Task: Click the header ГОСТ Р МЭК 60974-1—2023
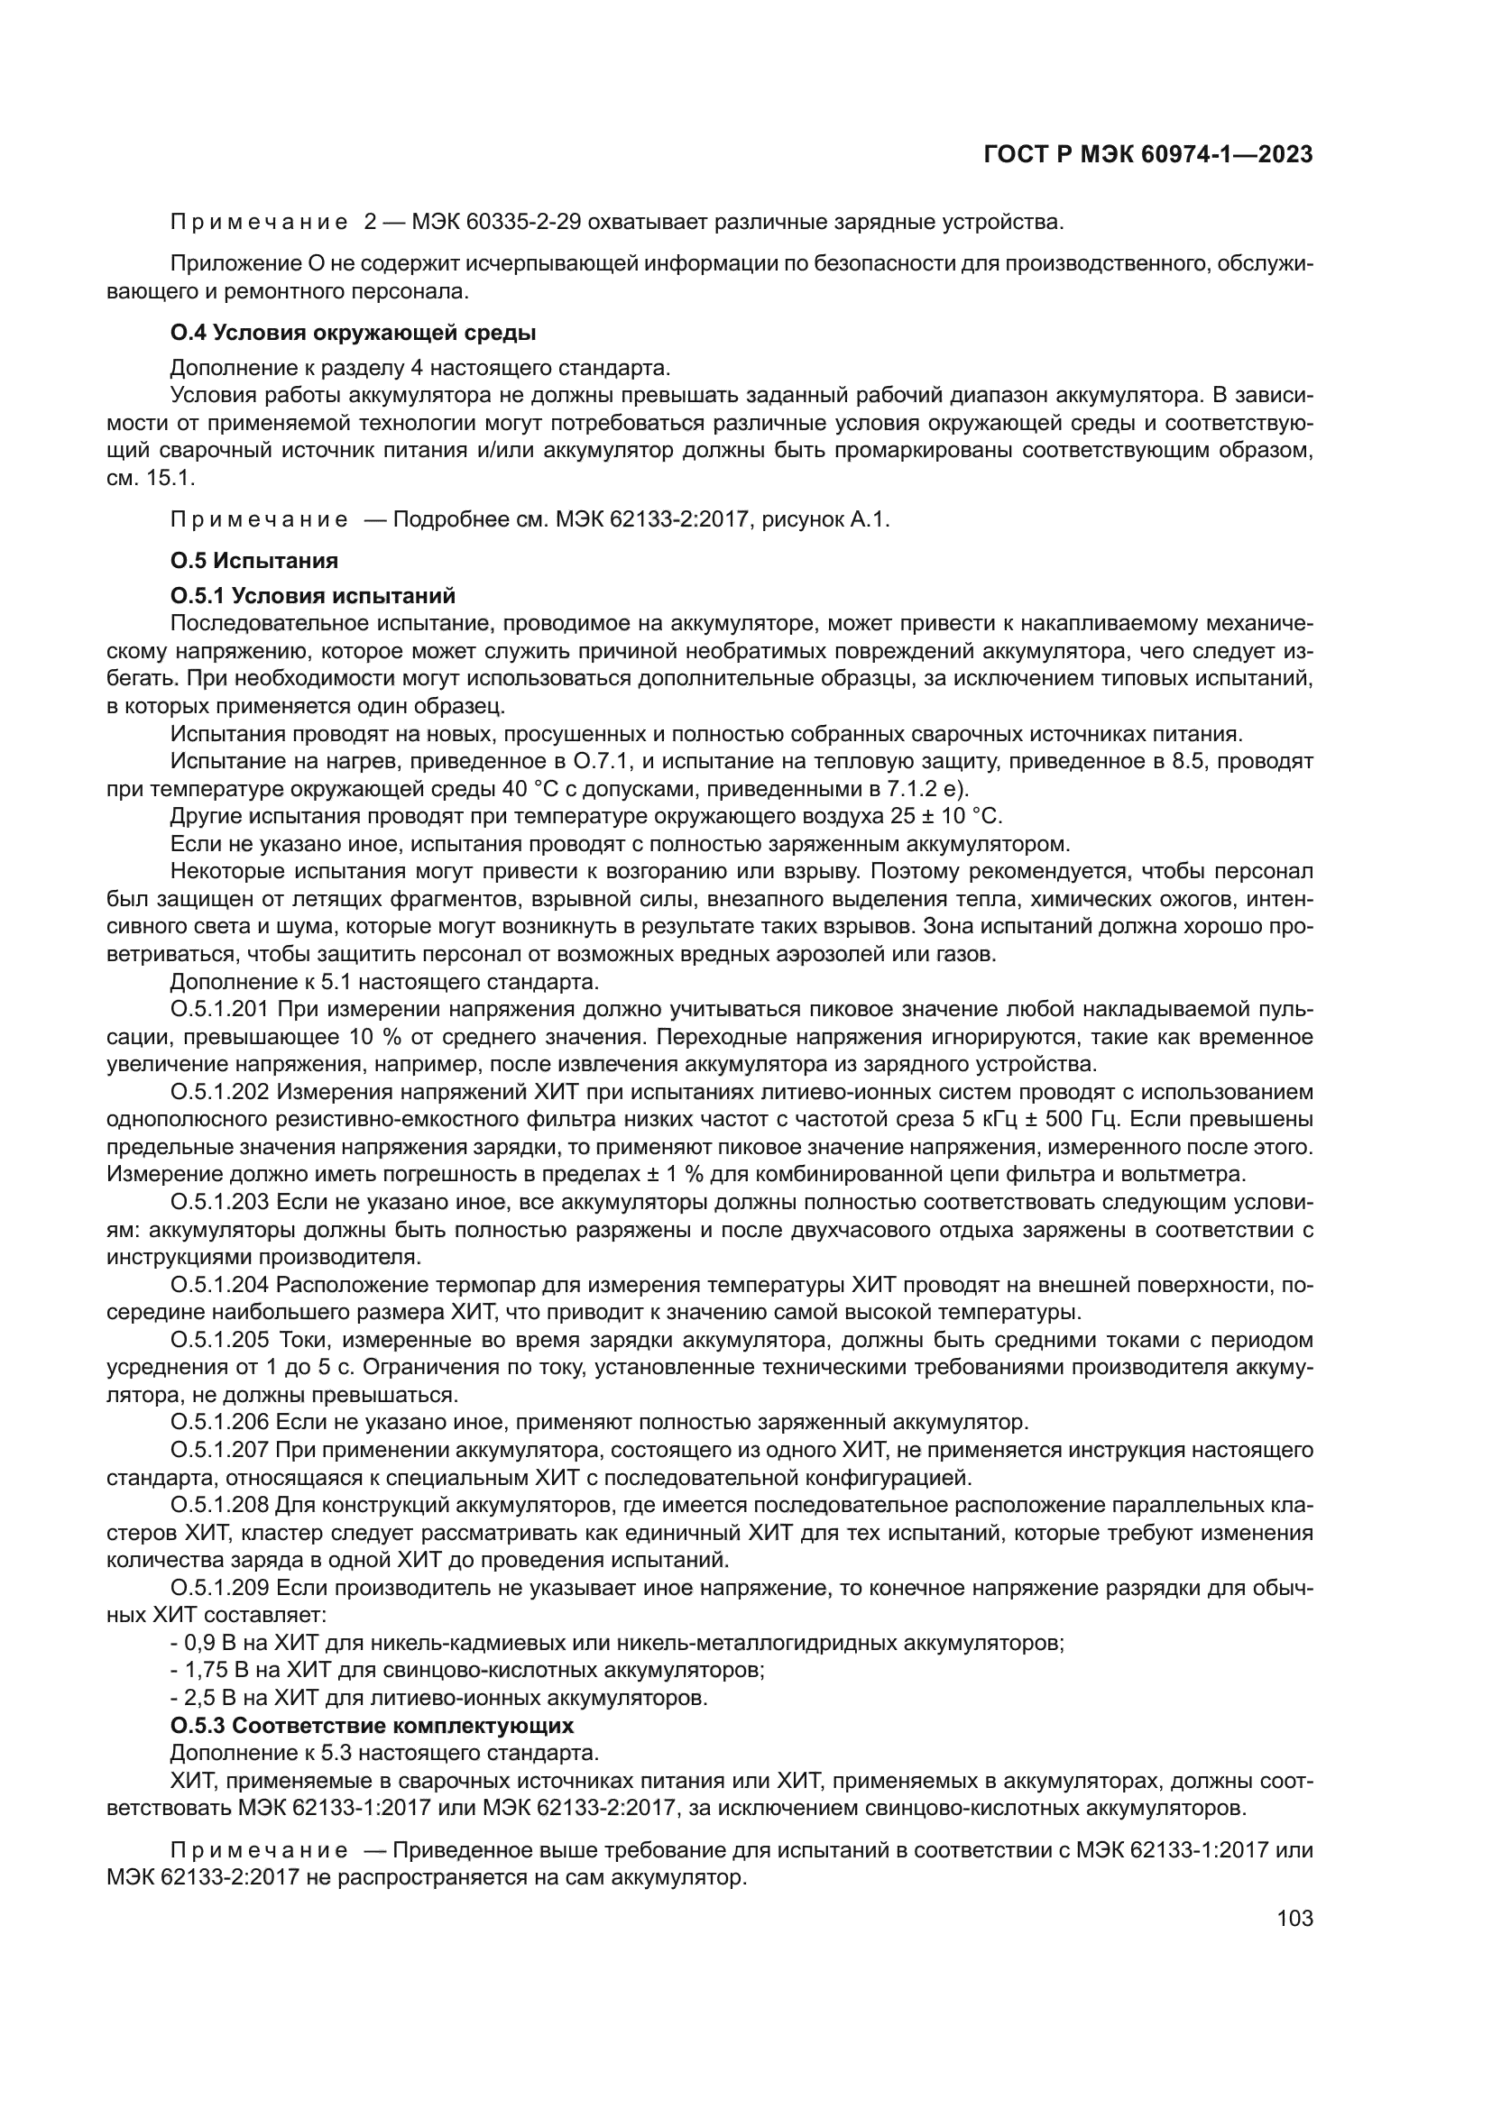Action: [x=1147, y=155]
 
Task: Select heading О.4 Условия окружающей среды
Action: [x=353, y=333]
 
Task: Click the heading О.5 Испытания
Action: [x=254, y=560]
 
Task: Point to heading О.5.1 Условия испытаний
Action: [x=313, y=596]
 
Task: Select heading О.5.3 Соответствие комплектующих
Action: [x=372, y=1725]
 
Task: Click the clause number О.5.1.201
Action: [x=219, y=1010]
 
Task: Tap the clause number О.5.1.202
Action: [x=219, y=1092]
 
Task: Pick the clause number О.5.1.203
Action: [x=219, y=1203]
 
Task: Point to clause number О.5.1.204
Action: [x=219, y=1285]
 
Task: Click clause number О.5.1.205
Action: [x=219, y=1340]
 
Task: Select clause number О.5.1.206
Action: [x=219, y=1423]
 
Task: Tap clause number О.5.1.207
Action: [x=219, y=1451]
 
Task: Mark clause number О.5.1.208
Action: [x=219, y=1506]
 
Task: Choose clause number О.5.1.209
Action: [x=219, y=1588]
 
